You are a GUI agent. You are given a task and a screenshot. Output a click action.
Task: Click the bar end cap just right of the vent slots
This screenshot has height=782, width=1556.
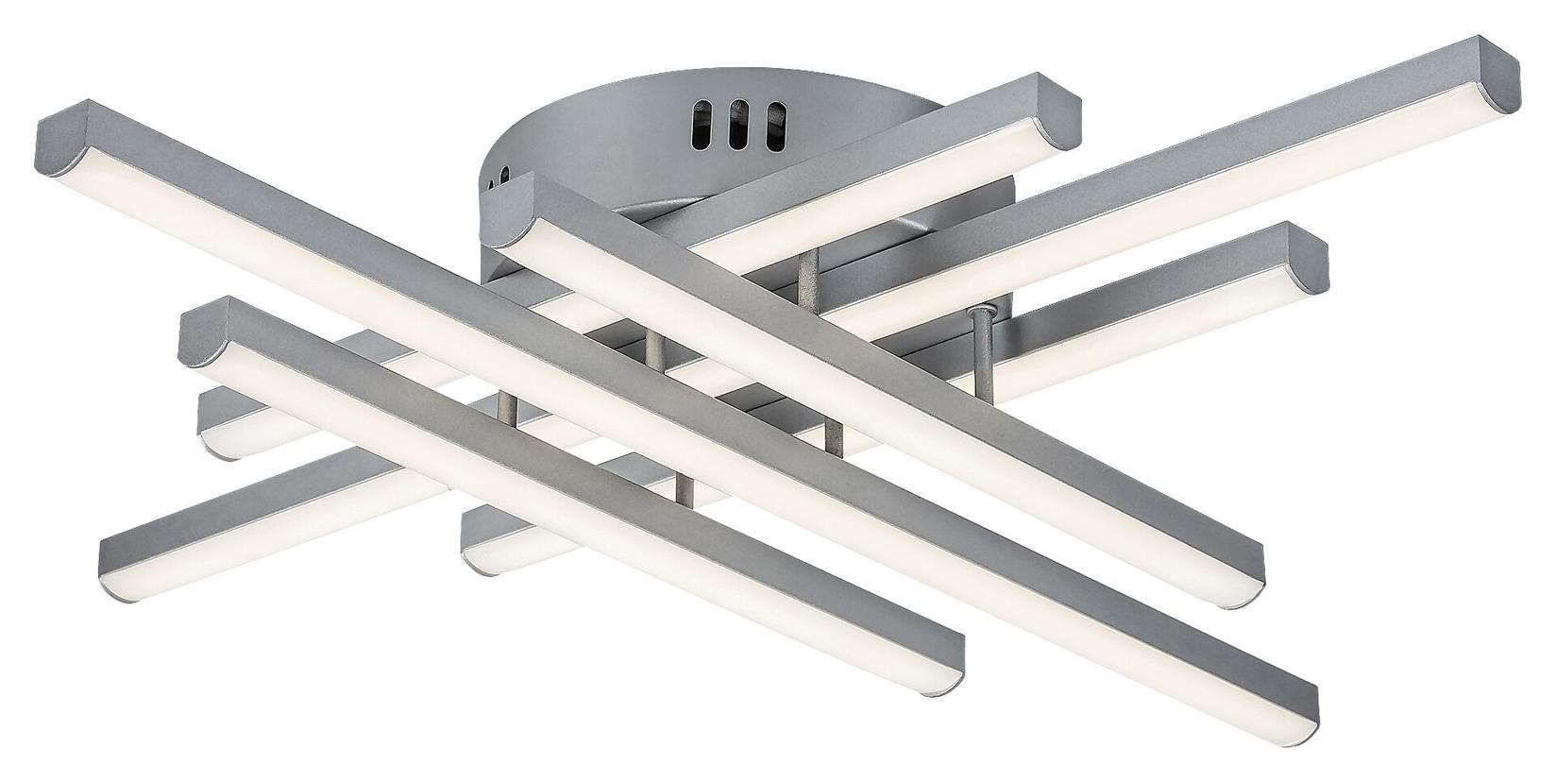1057,109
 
